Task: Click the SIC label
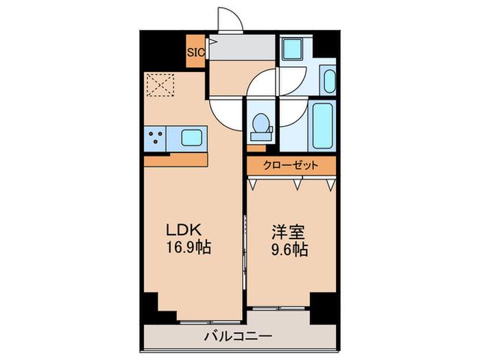coord(195,52)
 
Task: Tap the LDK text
coord(184,229)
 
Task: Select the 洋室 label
coord(289,232)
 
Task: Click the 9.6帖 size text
coord(289,249)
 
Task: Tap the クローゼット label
coord(291,166)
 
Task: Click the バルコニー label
coord(239,337)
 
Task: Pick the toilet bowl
coord(261,128)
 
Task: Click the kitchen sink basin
coord(191,138)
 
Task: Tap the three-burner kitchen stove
coord(155,138)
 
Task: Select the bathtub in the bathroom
coord(323,125)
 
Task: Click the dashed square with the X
coord(160,84)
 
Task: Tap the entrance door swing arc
coord(230,19)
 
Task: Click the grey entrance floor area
coord(242,47)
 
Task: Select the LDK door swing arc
coord(226,115)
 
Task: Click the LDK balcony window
coord(211,322)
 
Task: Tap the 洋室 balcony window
coord(278,309)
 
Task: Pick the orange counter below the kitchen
coord(176,160)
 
